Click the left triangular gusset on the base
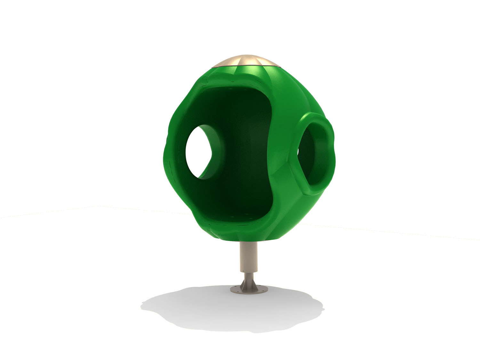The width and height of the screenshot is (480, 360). click(242, 285)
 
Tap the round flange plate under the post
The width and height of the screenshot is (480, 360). click(248, 291)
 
